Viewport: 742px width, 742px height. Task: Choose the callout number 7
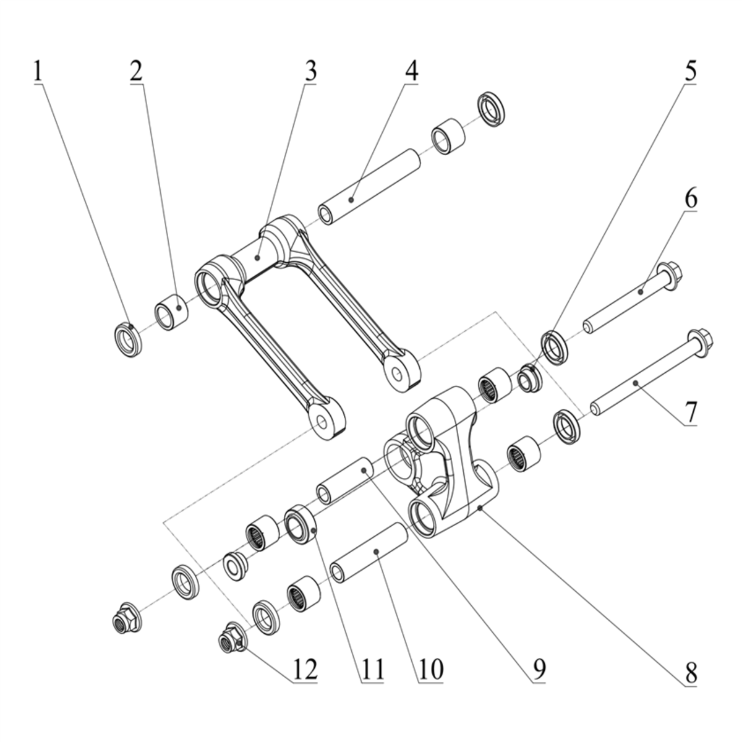tap(691, 412)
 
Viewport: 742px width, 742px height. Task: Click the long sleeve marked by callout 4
tap(369, 187)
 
